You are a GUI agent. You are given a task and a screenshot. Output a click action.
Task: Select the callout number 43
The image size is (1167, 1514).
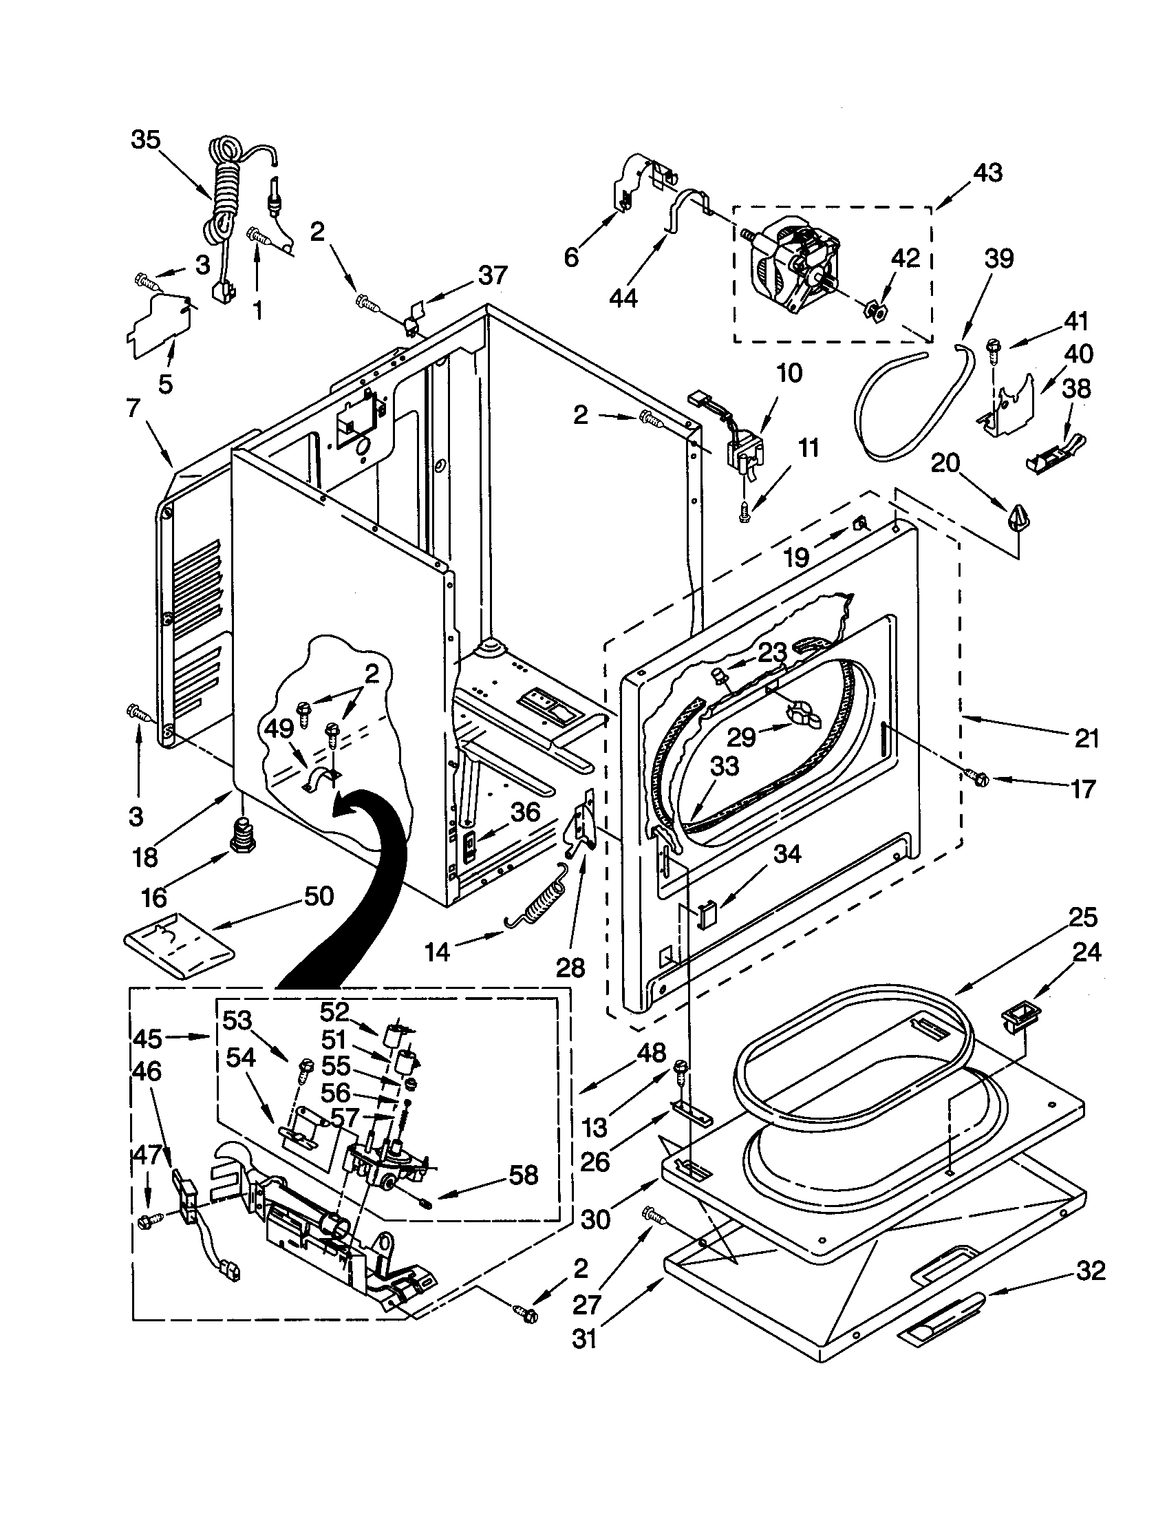point(987,173)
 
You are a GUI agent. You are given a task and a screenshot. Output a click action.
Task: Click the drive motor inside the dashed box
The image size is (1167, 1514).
point(797,265)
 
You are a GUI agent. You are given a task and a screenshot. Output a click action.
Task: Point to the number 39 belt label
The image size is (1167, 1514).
point(998,259)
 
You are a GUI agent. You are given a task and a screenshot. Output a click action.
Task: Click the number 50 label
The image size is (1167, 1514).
point(318,896)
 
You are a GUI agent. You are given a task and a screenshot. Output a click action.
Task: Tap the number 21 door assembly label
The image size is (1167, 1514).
point(1086,739)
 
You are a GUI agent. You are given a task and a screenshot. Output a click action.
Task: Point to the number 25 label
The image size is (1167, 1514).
point(1083,917)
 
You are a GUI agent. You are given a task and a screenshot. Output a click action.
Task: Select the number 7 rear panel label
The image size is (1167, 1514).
point(133,409)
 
